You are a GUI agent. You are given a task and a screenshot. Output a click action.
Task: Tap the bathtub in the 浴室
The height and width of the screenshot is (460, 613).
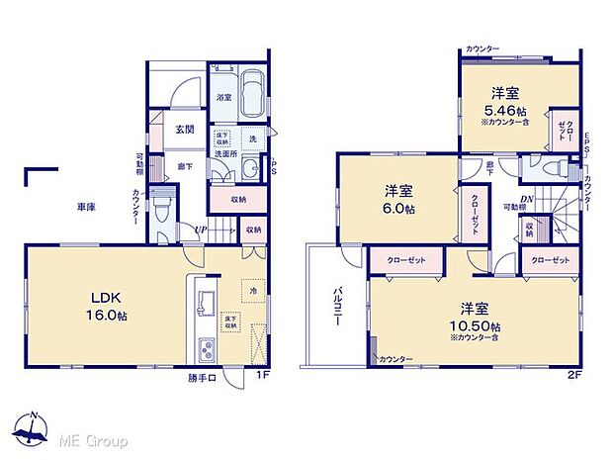point(250,95)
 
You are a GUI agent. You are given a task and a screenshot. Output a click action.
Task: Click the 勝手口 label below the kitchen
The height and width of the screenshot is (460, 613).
point(203,376)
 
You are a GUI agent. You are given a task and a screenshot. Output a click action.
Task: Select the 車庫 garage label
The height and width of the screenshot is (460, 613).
point(86,208)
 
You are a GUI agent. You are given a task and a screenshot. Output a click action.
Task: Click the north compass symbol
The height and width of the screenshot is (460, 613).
point(33,427)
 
